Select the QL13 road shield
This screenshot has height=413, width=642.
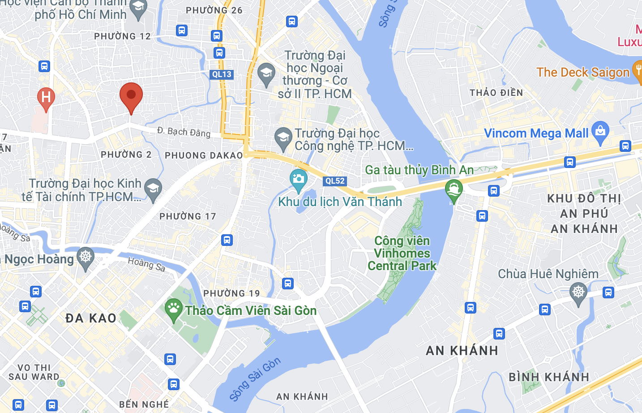[x=222, y=74]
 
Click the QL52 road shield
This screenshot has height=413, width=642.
[x=335, y=181]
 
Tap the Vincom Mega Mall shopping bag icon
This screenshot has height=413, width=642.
[x=600, y=131]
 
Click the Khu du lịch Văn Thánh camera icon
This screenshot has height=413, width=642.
[x=298, y=179]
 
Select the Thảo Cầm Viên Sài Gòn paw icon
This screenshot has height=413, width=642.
[x=173, y=309]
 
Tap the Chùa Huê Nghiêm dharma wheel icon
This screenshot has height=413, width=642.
[x=578, y=293]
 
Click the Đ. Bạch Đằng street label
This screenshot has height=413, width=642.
[x=184, y=132]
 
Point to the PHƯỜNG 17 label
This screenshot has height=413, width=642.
[x=188, y=216]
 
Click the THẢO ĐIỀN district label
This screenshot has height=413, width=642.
[x=496, y=93]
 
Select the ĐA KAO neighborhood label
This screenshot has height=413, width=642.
[x=91, y=318]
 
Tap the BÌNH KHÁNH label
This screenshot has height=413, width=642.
[x=549, y=377]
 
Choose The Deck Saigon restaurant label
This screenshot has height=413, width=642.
[x=583, y=72]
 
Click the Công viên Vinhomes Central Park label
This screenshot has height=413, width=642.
[x=402, y=254]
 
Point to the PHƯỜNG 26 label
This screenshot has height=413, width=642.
[x=214, y=10]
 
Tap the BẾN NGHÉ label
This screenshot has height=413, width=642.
[x=144, y=404]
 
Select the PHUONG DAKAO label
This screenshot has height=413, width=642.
[x=204, y=155]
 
